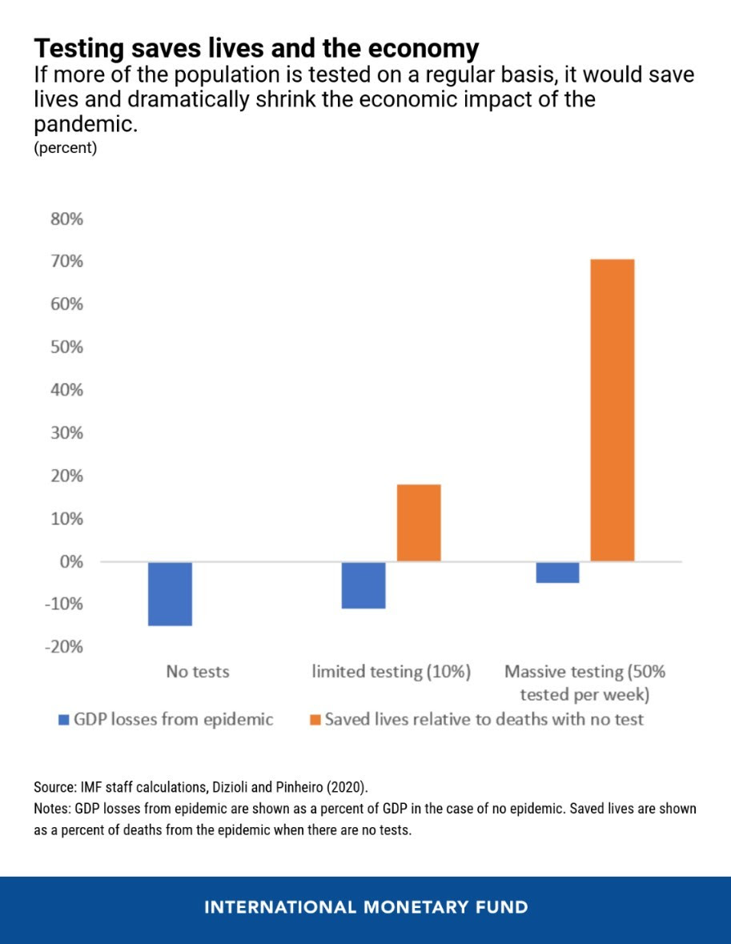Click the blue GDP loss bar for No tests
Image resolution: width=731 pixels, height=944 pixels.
click(170, 593)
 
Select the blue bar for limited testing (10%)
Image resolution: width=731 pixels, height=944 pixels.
click(363, 585)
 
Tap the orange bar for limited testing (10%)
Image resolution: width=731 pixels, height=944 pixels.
click(419, 523)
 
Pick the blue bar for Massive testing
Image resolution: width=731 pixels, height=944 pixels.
click(557, 572)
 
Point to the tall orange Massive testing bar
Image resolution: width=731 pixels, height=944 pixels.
click(613, 411)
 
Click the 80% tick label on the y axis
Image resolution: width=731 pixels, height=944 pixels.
click(66, 219)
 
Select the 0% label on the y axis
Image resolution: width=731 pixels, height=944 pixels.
click(71, 562)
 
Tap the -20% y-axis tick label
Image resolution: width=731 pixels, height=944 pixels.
click(64, 647)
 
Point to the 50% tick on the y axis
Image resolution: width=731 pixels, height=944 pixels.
click(66, 347)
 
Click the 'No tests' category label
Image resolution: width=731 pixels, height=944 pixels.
click(198, 671)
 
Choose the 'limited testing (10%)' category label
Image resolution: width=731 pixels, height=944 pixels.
click(392, 672)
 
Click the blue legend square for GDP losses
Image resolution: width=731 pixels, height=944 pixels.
click(64, 720)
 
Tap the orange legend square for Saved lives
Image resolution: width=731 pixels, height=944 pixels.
click(315, 720)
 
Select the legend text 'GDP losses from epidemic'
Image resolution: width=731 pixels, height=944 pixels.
click(174, 720)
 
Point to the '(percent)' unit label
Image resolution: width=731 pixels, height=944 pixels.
click(65, 147)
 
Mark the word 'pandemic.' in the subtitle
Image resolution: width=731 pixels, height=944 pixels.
click(86, 125)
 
